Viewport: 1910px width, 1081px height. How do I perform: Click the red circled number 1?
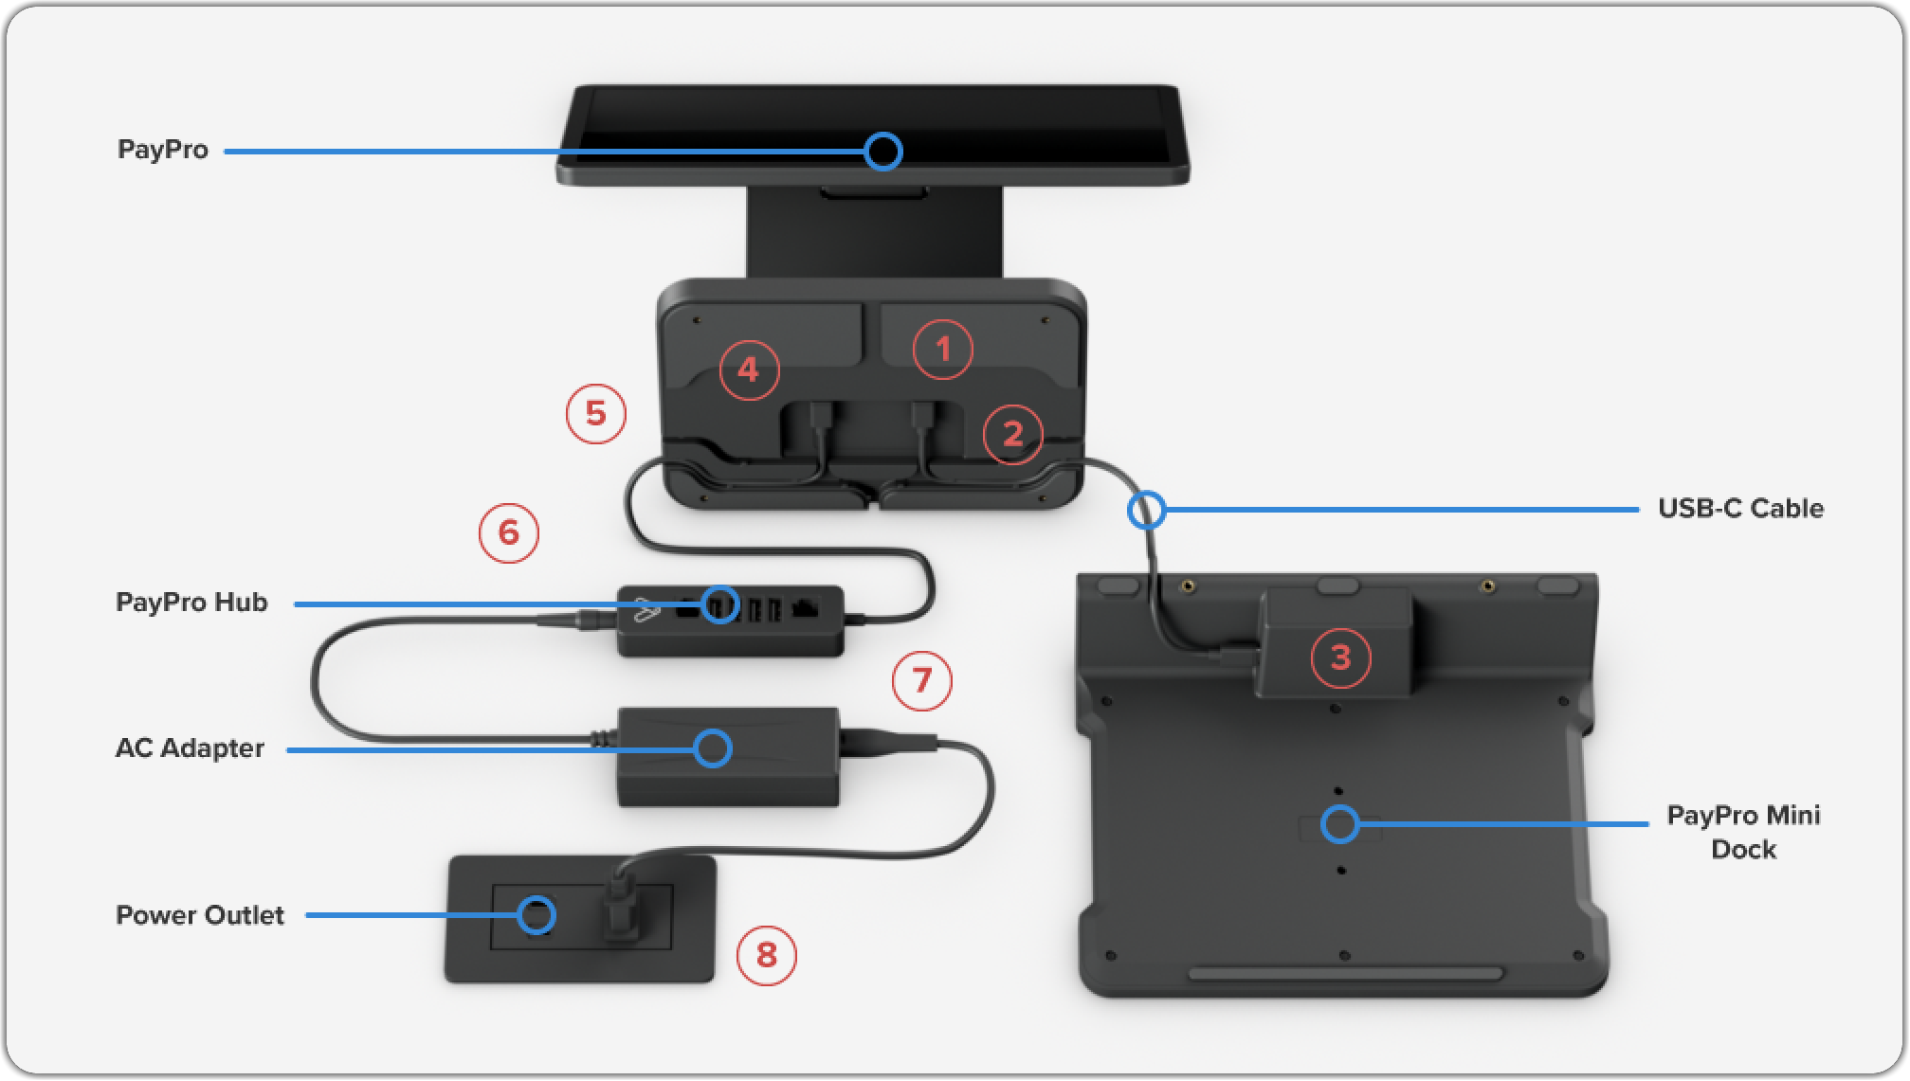point(942,350)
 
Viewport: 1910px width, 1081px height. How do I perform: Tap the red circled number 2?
point(1012,434)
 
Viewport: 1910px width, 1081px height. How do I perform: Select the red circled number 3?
point(1340,658)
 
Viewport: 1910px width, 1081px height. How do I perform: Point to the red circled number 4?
point(749,369)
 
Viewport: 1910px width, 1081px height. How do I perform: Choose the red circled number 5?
point(595,413)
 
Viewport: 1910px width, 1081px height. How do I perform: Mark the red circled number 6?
point(509,532)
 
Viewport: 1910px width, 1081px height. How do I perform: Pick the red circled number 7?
point(921,680)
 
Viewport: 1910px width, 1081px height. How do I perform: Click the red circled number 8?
point(766,955)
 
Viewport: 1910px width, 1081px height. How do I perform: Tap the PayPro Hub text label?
point(191,603)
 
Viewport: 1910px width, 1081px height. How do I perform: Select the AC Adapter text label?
point(190,748)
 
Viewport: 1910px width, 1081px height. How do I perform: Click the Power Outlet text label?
point(200,915)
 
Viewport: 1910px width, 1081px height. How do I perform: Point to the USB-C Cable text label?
point(1740,509)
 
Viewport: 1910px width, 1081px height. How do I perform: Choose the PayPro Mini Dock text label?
point(1743,832)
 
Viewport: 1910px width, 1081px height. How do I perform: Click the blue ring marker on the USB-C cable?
point(1146,510)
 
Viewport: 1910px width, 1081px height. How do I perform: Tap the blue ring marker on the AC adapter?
point(712,748)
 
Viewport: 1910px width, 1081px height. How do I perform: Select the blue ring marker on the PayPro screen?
point(883,151)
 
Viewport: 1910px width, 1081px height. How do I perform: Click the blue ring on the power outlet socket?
point(537,914)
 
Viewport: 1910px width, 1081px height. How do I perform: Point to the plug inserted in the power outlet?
point(621,910)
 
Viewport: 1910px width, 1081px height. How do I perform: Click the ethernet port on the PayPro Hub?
point(805,607)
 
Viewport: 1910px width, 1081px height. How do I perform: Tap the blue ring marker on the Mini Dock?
point(1340,824)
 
